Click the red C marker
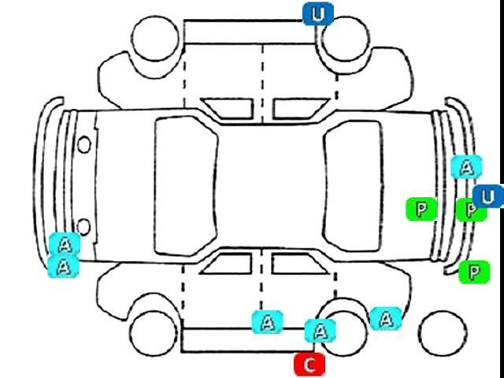tap(309, 365)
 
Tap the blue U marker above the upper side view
tap(318, 14)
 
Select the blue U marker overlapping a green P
tap(488, 196)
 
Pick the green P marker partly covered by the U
tap(472, 210)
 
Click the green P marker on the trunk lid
tap(421, 209)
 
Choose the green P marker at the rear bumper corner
tap(474, 272)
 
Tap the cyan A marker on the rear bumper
tap(466, 167)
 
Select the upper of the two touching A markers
tap(65, 245)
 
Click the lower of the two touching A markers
tap(63, 266)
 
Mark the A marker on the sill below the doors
tap(268, 322)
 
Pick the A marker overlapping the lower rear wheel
tap(321, 331)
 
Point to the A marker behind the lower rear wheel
tap(386, 319)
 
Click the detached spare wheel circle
tap(443, 333)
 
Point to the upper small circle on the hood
tap(84, 144)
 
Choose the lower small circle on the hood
tap(84, 227)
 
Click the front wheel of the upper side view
tap(155, 38)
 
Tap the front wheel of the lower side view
tap(154, 333)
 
